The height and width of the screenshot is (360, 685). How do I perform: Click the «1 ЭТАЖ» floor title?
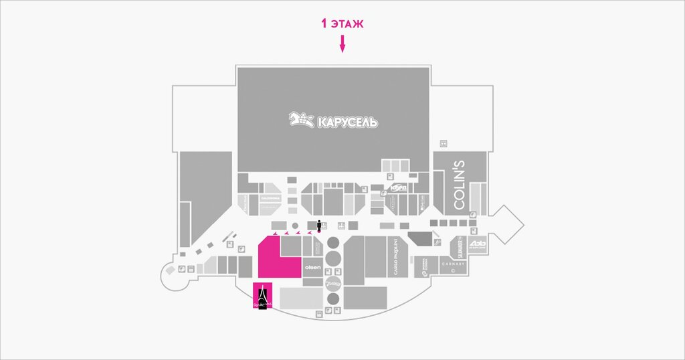pyautogui.click(x=342, y=24)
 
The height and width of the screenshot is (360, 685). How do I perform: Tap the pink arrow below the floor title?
pyautogui.click(x=342, y=45)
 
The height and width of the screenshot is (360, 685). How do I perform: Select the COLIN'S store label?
pyautogui.click(x=460, y=193)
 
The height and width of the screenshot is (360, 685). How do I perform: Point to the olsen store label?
pyautogui.click(x=312, y=268)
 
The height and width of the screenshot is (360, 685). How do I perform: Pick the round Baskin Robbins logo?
pyautogui.click(x=333, y=284)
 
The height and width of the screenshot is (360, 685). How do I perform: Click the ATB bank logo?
pyautogui.click(x=474, y=243)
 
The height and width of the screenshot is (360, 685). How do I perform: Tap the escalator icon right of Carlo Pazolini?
pyautogui.click(x=437, y=242)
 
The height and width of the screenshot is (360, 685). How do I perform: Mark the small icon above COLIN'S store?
pyautogui.click(x=442, y=143)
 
